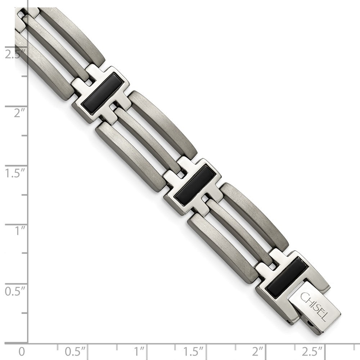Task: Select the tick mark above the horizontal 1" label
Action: coord(146,345)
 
